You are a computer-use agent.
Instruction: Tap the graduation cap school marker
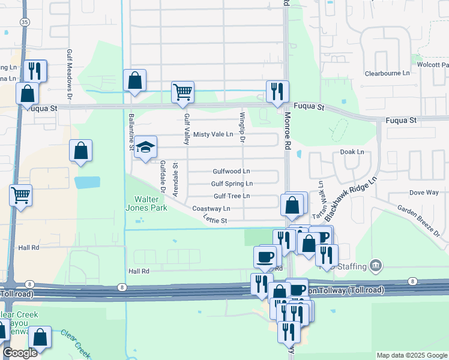tap(145, 148)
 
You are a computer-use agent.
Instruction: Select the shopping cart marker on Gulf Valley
tap(182, 92)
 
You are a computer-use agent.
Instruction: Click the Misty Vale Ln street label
tap(212, 134)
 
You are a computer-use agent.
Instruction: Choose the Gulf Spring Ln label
tap(232, 184)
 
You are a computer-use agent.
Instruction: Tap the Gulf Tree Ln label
tap(232, 196)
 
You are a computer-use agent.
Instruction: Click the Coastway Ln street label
tap(211, 209)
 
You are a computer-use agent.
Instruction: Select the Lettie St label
tap(215, 221)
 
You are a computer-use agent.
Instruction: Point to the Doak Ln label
tap(352, 152)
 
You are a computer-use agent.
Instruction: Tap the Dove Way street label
tap(424, 193)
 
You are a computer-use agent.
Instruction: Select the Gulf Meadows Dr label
tap(70, 74)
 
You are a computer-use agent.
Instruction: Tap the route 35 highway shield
tap(25, 22)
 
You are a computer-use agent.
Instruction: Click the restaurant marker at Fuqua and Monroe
tap(277, 92)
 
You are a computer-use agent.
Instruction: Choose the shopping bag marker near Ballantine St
tap(134, 80)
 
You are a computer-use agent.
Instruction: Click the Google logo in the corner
tap(20, 353)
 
